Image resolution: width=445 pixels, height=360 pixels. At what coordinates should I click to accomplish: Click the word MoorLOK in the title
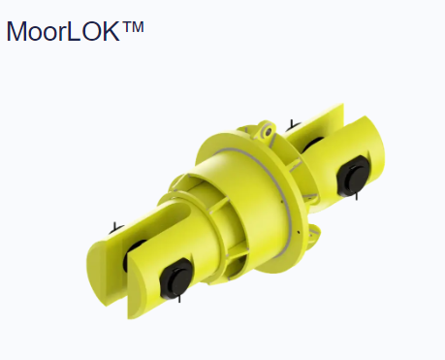tap(63, 31)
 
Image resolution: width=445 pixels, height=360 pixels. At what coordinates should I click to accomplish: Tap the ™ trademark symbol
tap(133, 27)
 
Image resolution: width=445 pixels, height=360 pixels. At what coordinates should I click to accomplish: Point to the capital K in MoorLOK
tap(111, 31)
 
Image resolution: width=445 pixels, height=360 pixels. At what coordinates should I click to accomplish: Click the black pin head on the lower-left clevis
tap(176, 279)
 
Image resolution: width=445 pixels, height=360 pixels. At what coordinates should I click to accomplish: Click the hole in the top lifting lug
tap(268, 132)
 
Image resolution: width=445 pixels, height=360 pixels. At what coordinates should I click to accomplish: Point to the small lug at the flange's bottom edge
tap(312, 234)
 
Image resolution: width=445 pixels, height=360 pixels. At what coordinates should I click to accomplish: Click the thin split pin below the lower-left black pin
tap(179, 298)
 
